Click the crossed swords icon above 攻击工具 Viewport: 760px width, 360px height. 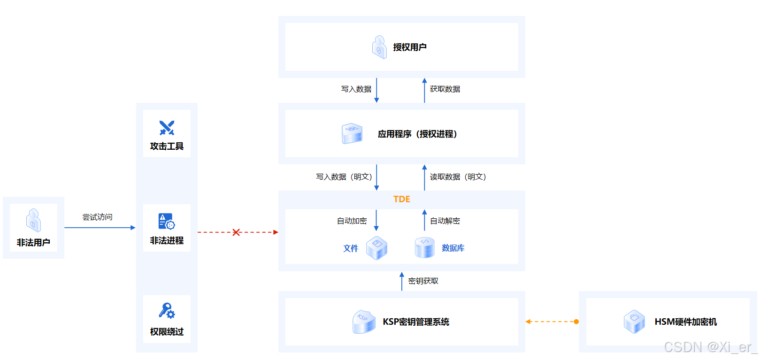[x=167, y=128]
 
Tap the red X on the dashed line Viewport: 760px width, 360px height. [x=236, y=232]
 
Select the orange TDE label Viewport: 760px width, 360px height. [x=401, y=199]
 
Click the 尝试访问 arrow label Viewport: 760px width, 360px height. [x=97, y=217]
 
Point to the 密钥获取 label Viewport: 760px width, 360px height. [x=423, y=281]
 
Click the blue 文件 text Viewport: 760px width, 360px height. [x=351, y=248]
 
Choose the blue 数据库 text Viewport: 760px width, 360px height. [x=453, y=248]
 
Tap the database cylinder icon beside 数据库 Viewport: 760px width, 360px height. [x=424, y=247]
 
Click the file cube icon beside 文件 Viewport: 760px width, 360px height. [x=376, y=248]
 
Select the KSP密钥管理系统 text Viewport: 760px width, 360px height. [x=416, y=322]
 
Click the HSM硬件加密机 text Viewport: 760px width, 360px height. [x=685, y=322]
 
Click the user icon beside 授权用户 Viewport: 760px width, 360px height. [x=379, y=47]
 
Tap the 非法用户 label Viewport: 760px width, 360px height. [x=33, y=243]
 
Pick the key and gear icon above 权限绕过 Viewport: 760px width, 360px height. [x=167, y=311]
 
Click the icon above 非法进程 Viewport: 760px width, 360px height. [x=167, y=221]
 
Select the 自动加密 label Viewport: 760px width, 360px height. [x=352, y=221]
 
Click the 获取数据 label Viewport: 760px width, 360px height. [x=445, y=89]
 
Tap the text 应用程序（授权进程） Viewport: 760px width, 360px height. [x=417, y=134]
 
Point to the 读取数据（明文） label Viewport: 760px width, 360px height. [x=458, y=177]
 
